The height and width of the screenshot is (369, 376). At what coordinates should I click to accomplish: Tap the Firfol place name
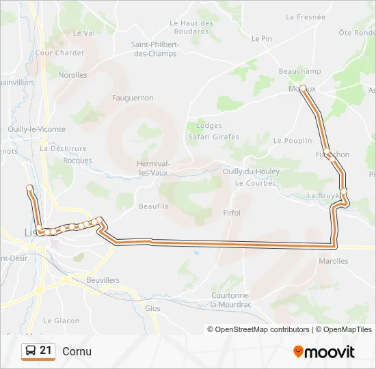click(x=232, y=213)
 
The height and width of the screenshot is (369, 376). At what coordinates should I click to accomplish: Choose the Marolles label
click(x=334, y=261)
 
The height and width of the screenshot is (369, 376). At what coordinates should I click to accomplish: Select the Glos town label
click(x=153, y=308)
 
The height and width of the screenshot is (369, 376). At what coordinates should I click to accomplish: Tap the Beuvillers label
click(x=103, y=280)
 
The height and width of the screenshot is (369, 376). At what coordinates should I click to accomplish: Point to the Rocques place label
click(x=77, y=161)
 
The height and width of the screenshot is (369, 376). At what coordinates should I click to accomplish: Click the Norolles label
click(x=72, y=75)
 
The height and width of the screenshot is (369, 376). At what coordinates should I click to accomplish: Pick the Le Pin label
click(x=262, y=39)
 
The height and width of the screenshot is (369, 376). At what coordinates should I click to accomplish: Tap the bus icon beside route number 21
click(x=31, y=351)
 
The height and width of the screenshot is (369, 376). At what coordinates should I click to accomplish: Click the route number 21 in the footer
click(x=46, y=351)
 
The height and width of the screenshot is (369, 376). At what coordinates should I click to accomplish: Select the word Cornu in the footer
click(x=77, y=351)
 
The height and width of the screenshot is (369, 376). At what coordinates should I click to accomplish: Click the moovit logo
click(x=324, y=352)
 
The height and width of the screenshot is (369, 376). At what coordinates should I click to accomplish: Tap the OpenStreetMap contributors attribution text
click(x=260, y=329)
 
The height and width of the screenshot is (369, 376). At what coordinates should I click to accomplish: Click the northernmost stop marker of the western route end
click(x=29, y=187)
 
